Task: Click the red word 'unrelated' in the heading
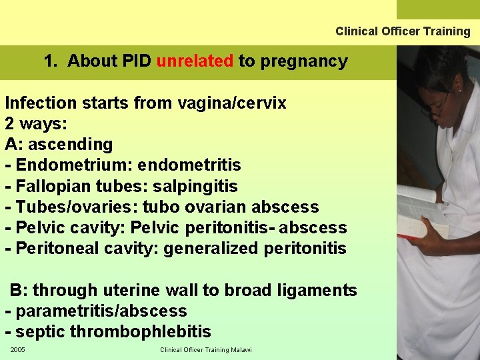[195, 61]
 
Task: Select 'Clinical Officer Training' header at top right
[403, 31]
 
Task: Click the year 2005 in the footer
[17, 350]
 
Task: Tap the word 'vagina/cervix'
[231, 103]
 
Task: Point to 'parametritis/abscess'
[101, 311]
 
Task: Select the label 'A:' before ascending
[14, 145]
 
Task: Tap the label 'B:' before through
[19, 291]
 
